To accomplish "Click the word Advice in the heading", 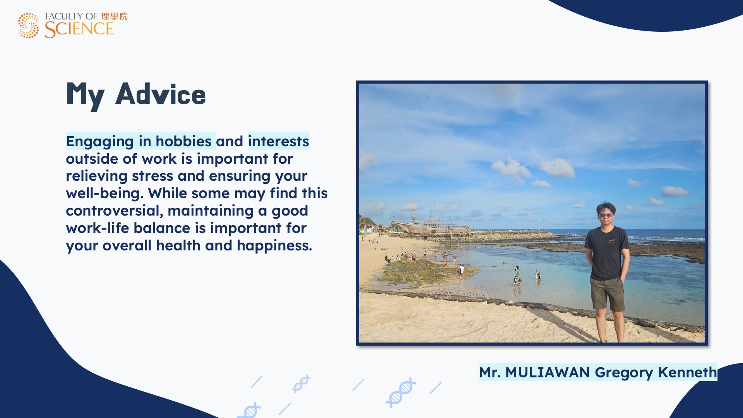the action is (x=161, y=94).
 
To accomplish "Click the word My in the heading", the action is (x=85, y=96).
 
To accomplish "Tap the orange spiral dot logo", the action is (x=28, y=26).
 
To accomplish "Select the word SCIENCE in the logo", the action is (x=79, y=29).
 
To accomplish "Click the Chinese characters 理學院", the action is (x=114, y=16).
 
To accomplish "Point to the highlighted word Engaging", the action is (x=100, y=142).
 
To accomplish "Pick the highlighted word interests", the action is (x=278, y=141).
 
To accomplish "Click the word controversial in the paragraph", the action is (x=115, y=211).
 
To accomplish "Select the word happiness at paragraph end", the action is (x=274, y=246).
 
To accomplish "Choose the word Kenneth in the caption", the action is (x=687, y=372).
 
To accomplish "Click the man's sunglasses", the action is (x=606, y=215).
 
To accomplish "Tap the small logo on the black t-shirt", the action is (x=612, y=241).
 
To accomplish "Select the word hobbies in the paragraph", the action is (x=183, y=141).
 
